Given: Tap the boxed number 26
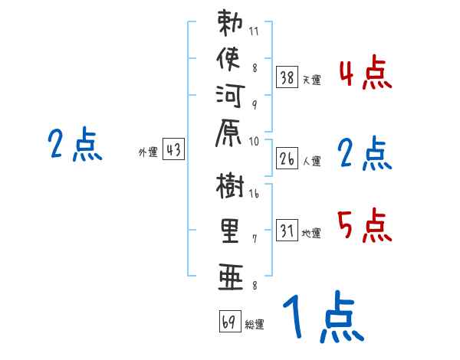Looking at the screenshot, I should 287,159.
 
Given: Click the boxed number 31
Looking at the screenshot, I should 287,231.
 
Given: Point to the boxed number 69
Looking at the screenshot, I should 228,322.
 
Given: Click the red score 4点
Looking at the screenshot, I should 364,75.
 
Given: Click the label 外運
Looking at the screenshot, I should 147,152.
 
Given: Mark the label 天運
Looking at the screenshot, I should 312,78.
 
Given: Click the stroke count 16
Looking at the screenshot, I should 254,195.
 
